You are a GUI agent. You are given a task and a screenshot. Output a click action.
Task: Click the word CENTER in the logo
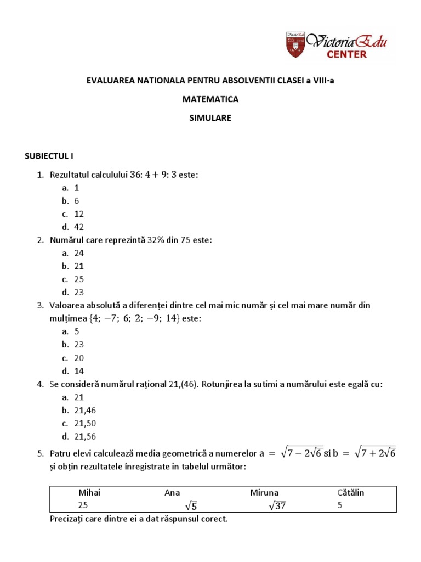347,54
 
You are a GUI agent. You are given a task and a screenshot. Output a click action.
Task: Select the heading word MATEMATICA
211,99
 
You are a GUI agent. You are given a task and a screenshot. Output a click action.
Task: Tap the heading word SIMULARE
211,117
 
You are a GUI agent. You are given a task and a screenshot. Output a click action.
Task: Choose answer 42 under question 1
79,227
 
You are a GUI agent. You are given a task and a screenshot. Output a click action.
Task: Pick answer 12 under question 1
79,213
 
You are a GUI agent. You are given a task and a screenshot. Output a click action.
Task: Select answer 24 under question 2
79,253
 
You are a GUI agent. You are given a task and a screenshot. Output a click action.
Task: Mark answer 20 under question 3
79,358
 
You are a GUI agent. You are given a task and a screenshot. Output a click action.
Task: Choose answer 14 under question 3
79,371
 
